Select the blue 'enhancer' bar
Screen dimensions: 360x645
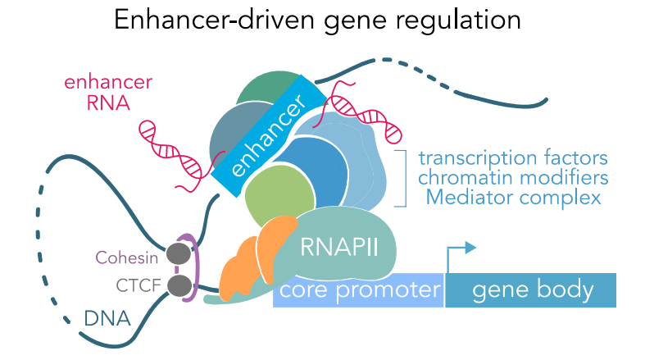click(x=263, y=135)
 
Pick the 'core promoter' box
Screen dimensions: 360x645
click(x=359, y=289)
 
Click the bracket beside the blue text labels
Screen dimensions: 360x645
click(x=402, y=178)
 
